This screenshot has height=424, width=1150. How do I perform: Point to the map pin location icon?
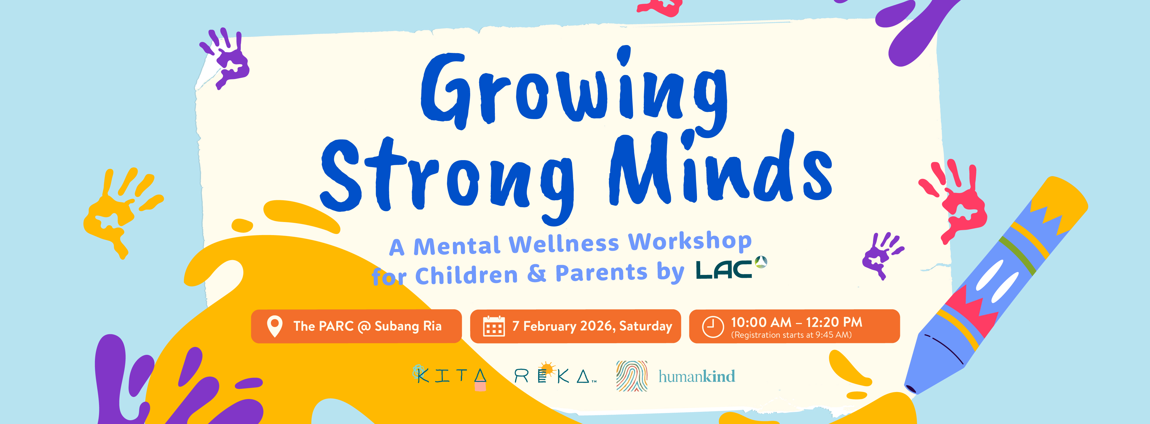[x=274, y=326]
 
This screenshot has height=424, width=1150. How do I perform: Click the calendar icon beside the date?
[x=494, y=326]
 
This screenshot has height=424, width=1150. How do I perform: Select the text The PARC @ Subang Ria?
[x=367, y=326]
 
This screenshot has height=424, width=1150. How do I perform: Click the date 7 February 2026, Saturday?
[x=592, y=326]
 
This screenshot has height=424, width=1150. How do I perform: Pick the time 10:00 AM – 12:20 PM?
[x=796, y=322]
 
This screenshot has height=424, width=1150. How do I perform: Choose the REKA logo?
[x=555, y=374]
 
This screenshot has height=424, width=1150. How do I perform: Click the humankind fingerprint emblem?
[x=632, y=376]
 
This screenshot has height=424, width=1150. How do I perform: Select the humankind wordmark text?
[x=697, y=376]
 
